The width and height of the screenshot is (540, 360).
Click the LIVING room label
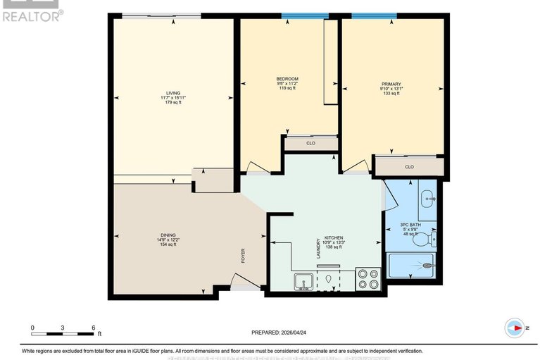(x=172, y=92)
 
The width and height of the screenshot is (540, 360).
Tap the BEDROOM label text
(x=287, y=78)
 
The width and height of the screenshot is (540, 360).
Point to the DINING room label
(x=168, y=235)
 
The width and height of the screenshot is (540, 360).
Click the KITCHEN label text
(x=332, y=238)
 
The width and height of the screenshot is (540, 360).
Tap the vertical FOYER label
(x=244, y=255)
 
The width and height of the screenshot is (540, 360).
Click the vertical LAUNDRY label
(x=318, y=248)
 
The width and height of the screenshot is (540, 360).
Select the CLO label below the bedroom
(x=310, y=143)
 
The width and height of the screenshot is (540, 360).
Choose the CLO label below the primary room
(x=409, y=167)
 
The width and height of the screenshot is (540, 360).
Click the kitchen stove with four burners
(x=367, y=280)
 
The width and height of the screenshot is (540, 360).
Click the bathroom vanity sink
(x=427, y=199)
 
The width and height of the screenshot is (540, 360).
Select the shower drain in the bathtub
(x=429, y=266)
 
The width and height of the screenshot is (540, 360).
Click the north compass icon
(x=515, y=328)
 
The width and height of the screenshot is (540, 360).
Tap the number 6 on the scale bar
(x=94, y=328)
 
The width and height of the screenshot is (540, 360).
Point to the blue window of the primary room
(x=374, y=15)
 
